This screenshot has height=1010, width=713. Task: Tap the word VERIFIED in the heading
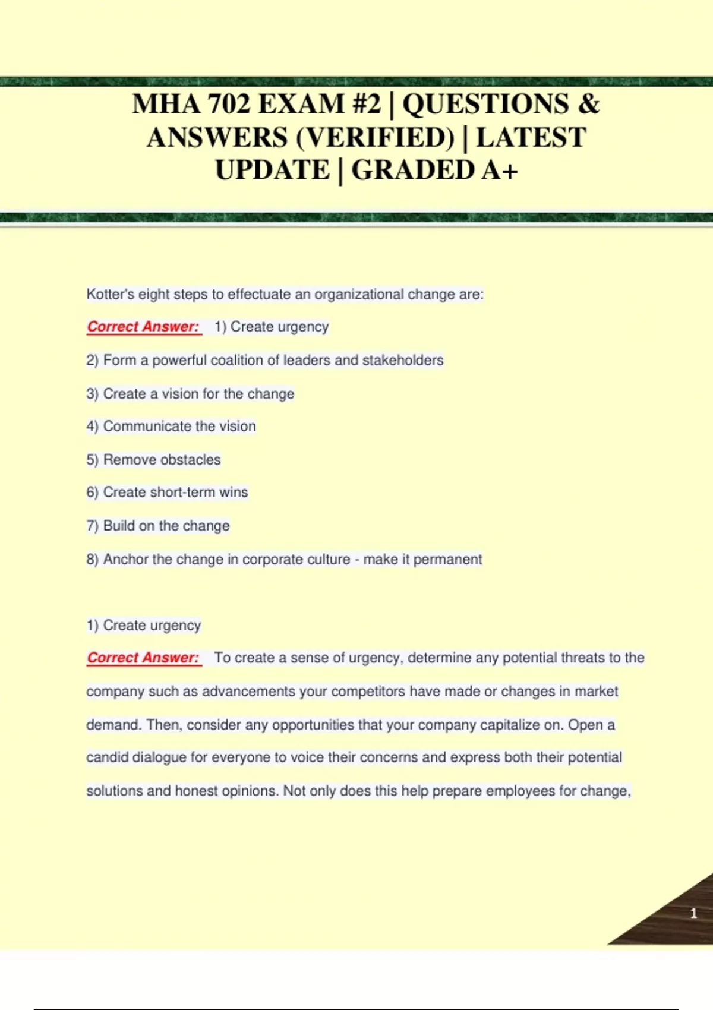[x=375, y=138]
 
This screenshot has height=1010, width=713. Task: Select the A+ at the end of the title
[x=500, y=171]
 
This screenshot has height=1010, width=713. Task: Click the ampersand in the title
[x=588, y=104]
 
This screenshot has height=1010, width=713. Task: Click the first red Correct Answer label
[x=143, y=327]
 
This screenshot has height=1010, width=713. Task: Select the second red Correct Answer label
[x=143, y=658]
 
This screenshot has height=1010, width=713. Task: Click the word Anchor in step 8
[x=125, y=559]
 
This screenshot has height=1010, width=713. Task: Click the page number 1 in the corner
[x=693, y=913]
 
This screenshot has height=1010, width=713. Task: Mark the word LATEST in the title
[x=531, y=138]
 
